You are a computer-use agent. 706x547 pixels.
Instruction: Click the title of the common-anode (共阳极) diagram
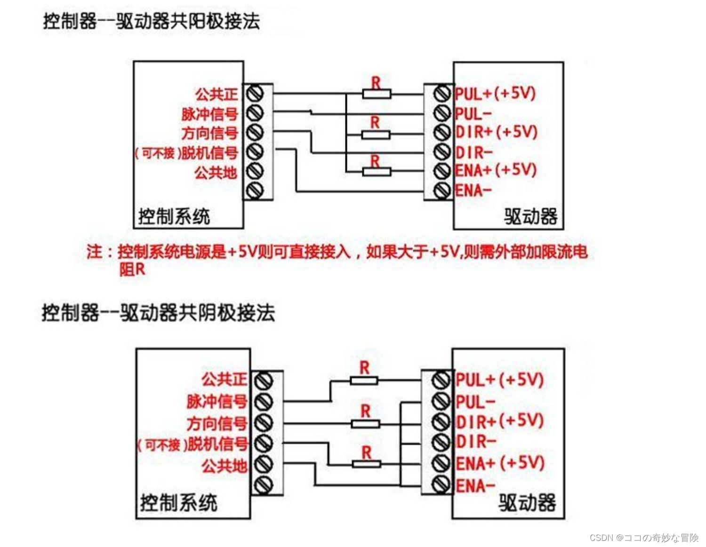click(x=151, y=21)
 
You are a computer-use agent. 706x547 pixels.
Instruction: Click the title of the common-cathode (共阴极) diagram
click(x=158, y=313)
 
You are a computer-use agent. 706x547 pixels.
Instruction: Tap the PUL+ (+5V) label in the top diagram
click(x=495, y=93)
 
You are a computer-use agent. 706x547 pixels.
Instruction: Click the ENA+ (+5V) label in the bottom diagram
click(x=500, y=463)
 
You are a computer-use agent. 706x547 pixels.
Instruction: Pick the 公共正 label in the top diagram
click(x=217, y=94)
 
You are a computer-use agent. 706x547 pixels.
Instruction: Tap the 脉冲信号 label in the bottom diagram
click(x=217, y=401)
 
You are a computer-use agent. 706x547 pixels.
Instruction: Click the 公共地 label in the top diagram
click(x=216, y=173)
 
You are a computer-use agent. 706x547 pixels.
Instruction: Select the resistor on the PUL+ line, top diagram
click(x=377, y=94)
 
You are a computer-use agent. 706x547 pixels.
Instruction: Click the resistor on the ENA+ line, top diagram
click(x=377, y=171)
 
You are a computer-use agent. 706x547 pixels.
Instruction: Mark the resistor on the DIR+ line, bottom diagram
click(x=366, y=424)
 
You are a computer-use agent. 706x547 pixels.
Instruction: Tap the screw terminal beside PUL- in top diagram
click(x=442, y=113)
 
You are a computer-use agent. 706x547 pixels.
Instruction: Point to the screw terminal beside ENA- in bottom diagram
click(x=441, y=484)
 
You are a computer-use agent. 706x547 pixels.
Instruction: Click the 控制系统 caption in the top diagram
click(x=174, y=217)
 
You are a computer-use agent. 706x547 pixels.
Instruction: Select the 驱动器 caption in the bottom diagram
click(x=527, y=503)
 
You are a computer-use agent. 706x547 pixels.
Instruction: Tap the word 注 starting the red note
click(x=94, y=252)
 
